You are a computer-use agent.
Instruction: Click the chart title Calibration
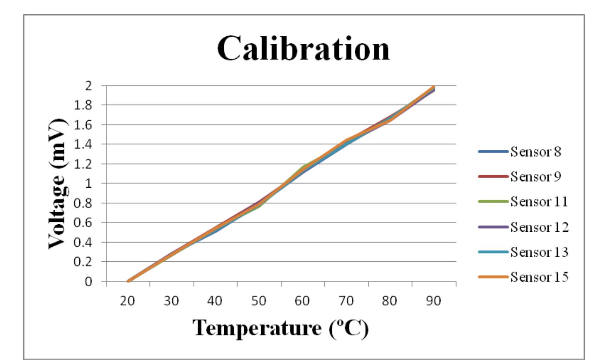pyautogui.click(x=303, y=49)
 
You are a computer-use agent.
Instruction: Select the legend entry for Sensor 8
pyautogui.click(x=535, y=152)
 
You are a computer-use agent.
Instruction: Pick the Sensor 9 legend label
pyautogui.click(x=535, y=176)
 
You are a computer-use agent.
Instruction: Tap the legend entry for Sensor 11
pyautogui.click(x=539, y=202)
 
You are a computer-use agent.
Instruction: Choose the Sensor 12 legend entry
pyautogui.click(x=539, y=227)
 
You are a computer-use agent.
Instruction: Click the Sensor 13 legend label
pyautogui.click(x=539, y=252)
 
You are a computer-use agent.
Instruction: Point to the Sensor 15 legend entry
pyautogui.click(x=539, y=277)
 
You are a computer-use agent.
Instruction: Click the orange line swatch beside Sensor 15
pyautogui.click(x=493, y=277)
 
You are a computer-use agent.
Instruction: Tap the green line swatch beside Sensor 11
pyautogui.click(x=493, y=201)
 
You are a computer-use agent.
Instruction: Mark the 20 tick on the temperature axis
pyautogui.click(x=127, y=301)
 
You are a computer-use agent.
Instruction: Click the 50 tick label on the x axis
pyautogui.click(x=258, y=301)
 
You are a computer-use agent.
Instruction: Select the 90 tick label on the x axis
pyautogui.click(x=434, y=301)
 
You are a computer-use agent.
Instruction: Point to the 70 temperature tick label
pyautogui.click(x=346, y=301)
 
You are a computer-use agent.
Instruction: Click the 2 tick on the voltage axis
pyautogui.click(x=88, y=86)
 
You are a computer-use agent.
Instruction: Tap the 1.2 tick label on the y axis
pyautogui.click(x=83, y=164)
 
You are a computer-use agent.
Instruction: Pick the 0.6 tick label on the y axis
pyautogui.click(x=83, y=222)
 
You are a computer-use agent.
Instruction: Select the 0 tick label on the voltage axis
pyautogui.click(x=88, y=281)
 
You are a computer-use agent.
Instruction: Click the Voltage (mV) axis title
pyautogui.click(x=57, y=183)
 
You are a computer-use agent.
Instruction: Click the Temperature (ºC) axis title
pyautogui.click(x=281, y=328)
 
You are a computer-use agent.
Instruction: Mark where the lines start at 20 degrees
pyautogui.click(x=128, y=281)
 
